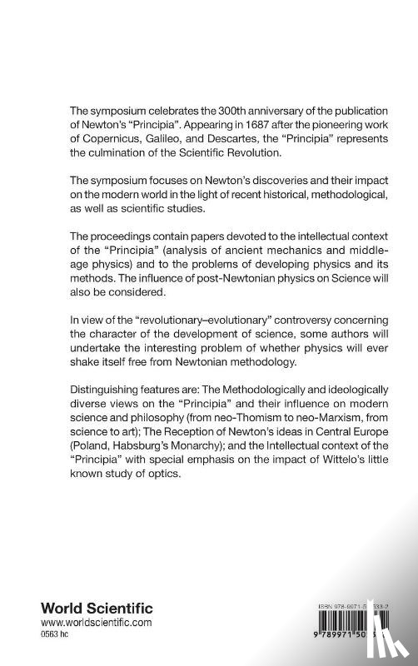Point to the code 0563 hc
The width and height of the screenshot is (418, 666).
point(62,634)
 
